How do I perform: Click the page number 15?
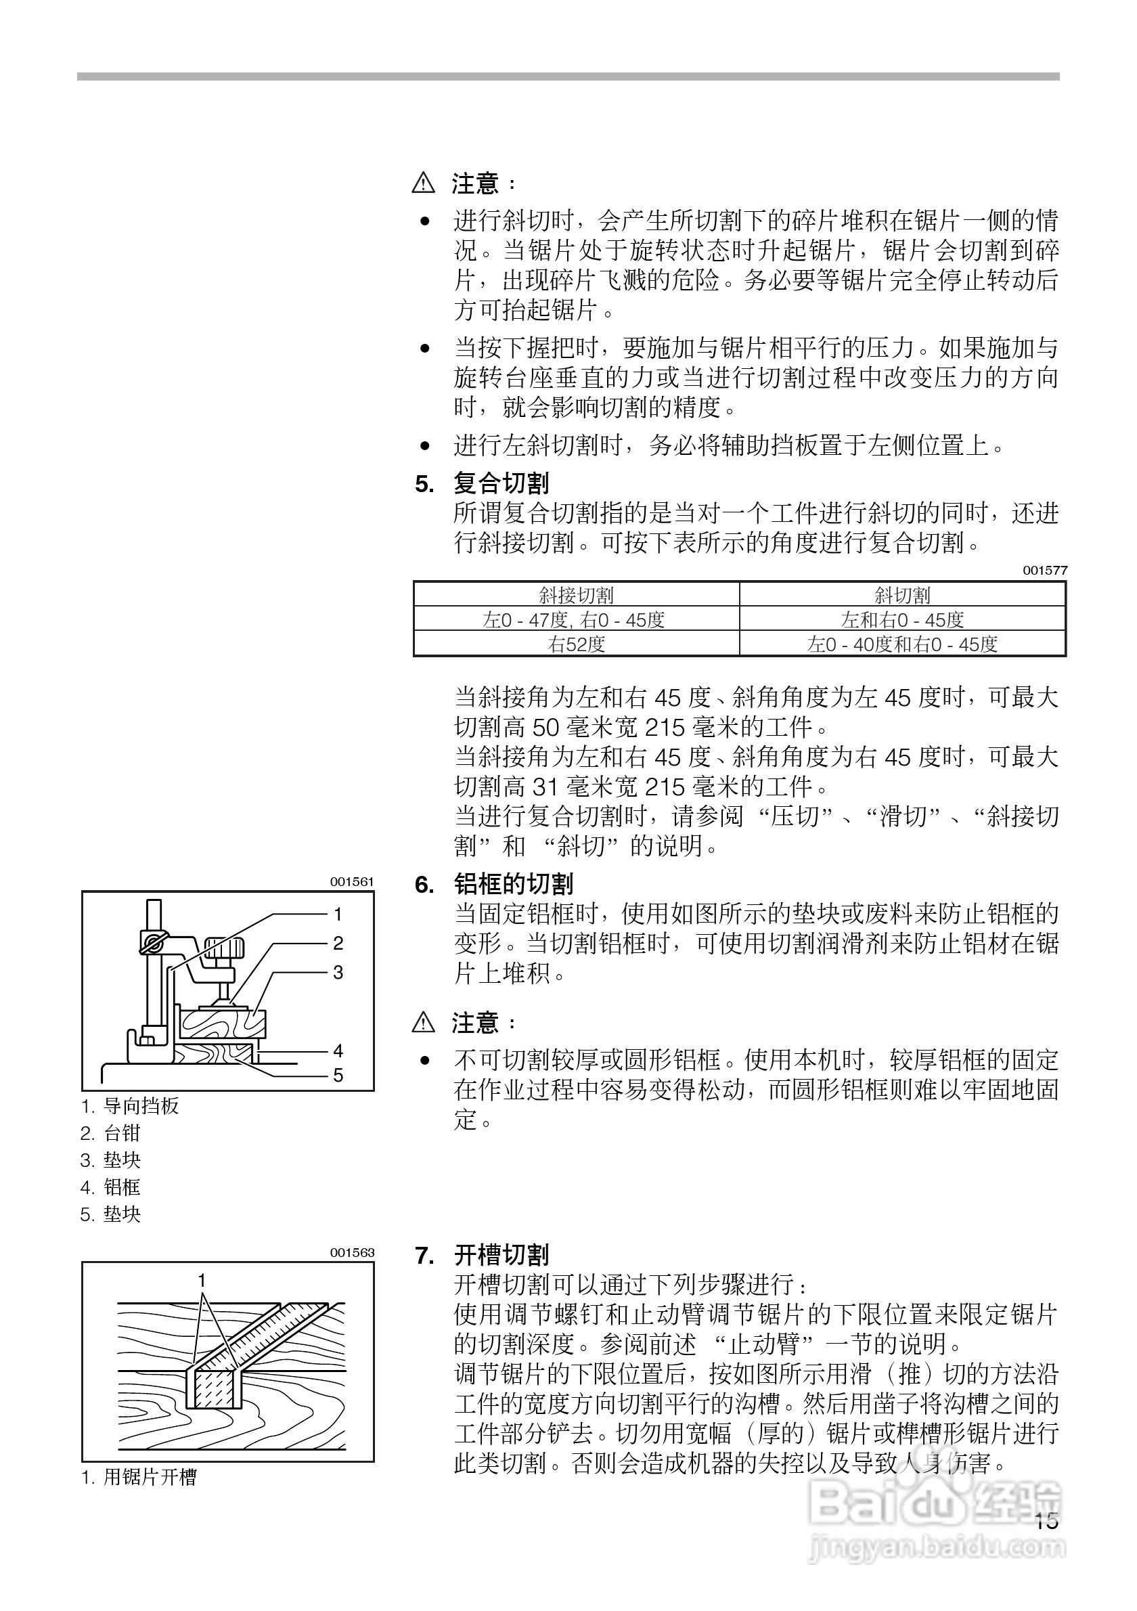(1044, 1521)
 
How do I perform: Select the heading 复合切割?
(501, 483)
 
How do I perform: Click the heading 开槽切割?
(501, 1254)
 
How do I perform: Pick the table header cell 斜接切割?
(576, 596)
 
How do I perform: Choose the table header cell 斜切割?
(902, 596)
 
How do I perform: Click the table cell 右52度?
(576, 644)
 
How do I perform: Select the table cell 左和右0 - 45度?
(902, 620)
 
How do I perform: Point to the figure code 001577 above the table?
(1044, 571)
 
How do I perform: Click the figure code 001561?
(352, 882)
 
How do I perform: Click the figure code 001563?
(352, 1252)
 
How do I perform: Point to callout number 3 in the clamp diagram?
(338, 973)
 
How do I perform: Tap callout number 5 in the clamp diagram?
(338, 1075)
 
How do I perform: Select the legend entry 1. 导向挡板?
(131, 1107)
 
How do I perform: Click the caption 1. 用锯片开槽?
(139, 1477)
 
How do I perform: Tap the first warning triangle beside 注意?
(424, 184)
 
